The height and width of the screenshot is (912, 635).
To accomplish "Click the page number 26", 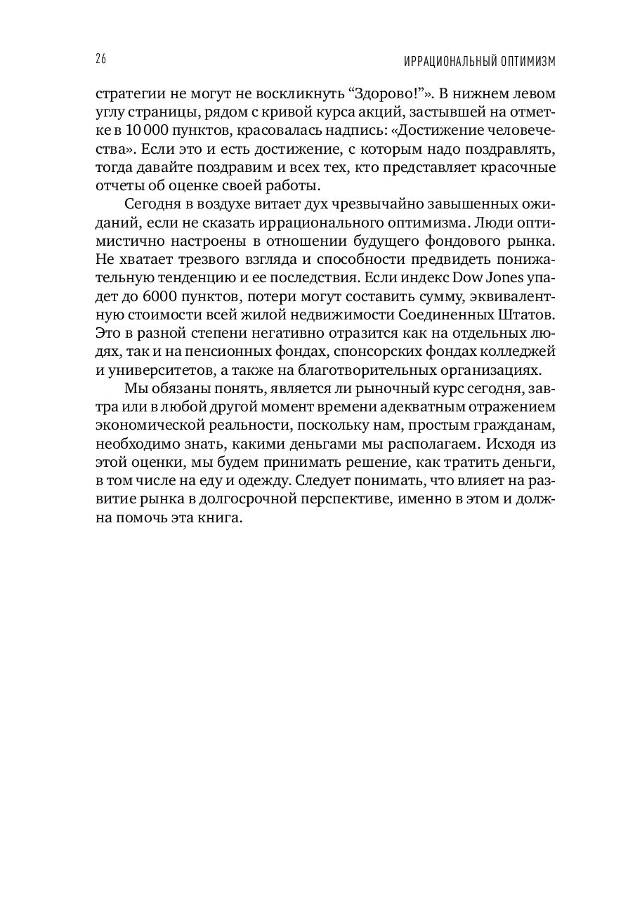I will point(100,60).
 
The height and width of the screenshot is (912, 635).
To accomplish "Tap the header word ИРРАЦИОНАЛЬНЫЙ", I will point(446,61).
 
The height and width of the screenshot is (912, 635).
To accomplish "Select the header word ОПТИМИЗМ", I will point(523,61).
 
